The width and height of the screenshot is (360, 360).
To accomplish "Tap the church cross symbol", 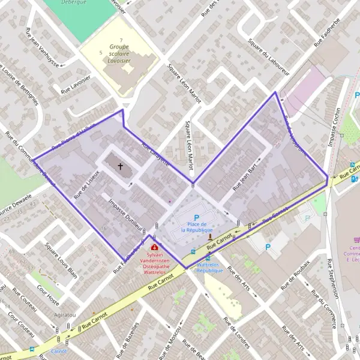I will pos(120,166).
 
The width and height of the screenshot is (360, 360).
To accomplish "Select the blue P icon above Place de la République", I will pos(196,217).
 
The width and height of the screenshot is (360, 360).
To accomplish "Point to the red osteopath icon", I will pos(155,247).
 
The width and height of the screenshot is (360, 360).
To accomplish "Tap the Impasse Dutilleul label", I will pos(125,215).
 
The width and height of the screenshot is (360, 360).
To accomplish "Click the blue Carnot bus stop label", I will pos(58,351).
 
